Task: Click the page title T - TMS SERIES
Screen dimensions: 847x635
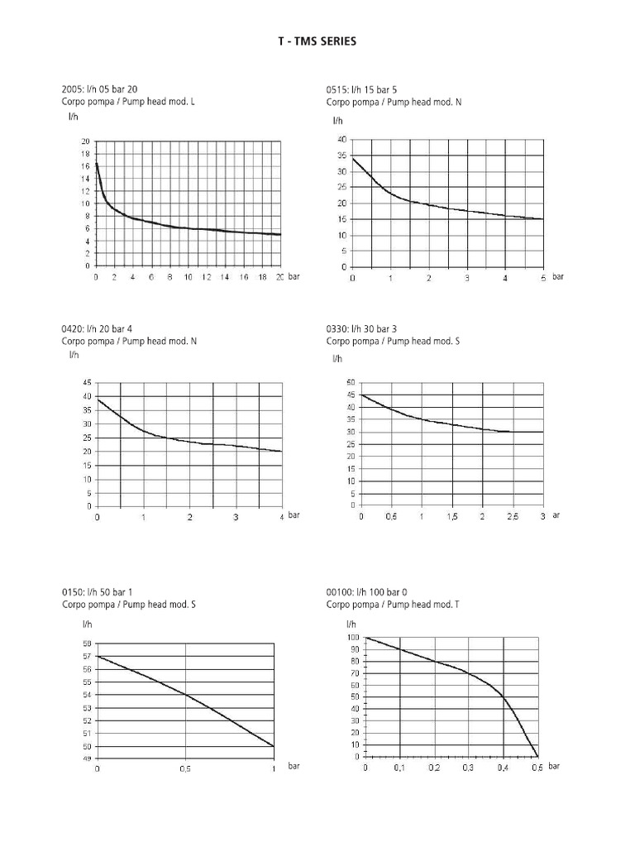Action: click(x=317, y=41)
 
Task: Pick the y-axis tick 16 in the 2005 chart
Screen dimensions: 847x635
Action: click(x=85, y=166)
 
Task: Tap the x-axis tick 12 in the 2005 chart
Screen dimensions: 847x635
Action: click(x=207, y=277)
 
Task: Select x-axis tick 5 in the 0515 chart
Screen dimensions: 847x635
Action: click(x=543, y=278)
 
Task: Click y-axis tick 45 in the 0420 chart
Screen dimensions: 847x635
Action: click(x=87, y=383)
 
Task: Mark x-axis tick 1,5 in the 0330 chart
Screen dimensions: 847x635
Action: click(x=452, y=516)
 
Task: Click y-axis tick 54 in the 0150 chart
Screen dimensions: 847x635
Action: click(x=87, y=695)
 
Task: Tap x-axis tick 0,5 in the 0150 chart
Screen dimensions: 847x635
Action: click(x=185, y=768)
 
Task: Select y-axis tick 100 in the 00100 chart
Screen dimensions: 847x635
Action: click(x=352, y=638)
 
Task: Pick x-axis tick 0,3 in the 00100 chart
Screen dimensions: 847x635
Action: click(x=469, y=768)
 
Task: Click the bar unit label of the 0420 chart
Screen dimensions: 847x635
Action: click(x=294, y=514)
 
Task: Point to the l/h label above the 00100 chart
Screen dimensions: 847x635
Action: click(x=351, y=624)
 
